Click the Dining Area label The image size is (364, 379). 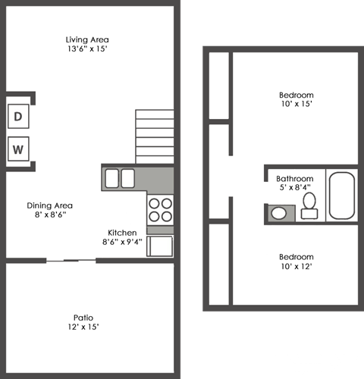tap(49, 205)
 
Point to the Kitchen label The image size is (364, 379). tap(122, 232)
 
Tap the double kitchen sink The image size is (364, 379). tap(120, 179)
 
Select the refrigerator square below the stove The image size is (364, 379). tap(160, 246)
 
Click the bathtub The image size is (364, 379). tap(343, 195)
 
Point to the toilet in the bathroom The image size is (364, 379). tap(309, 205)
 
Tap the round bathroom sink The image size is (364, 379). tap(279, 211)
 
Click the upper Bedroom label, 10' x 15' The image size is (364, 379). tap(295, 95)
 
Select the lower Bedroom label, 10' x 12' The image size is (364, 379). tap(295, 256)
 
